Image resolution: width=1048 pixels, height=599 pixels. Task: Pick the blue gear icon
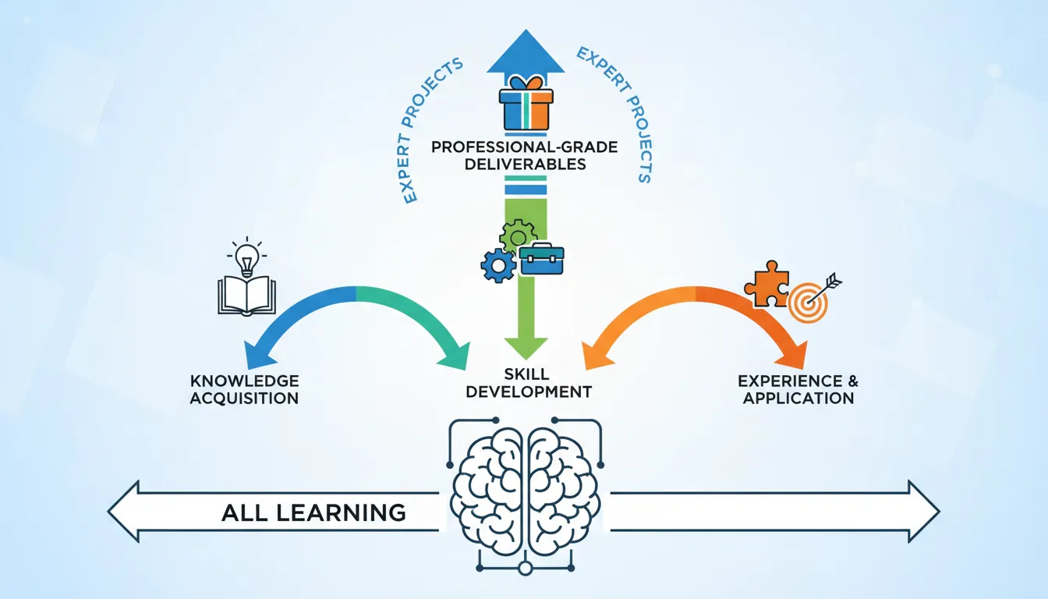(497, 265)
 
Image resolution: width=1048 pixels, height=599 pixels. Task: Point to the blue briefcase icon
(542, 259)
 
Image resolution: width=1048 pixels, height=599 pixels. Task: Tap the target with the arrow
(809, 299)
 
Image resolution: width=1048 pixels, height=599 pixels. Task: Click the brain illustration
(525, 492)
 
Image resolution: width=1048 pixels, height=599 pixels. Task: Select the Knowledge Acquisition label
(244, 389)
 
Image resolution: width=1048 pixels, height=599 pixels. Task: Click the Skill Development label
(528, 383)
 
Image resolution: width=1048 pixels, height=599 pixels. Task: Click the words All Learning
(313, 512)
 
